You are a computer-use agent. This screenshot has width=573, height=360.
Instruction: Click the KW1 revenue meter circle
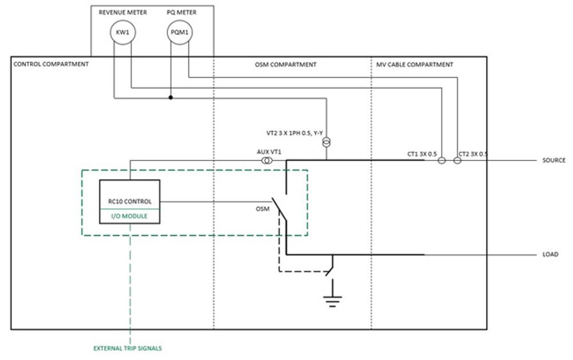click(123, 33)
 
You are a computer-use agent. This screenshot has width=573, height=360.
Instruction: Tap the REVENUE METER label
click(122, 12)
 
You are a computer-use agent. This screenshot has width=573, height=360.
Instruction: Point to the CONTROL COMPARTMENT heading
click(51, 64)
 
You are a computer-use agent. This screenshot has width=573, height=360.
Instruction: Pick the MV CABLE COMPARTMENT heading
click(414, 65)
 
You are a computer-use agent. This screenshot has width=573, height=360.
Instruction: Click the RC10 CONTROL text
click(130, 202)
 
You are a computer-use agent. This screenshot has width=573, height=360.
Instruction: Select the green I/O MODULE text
click(130, 216)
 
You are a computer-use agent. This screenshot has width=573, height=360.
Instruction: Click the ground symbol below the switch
click(331, 300)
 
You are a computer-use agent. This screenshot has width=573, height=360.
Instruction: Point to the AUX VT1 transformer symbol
click(267, 161)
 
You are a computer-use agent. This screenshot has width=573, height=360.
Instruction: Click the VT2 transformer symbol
click(327, 142)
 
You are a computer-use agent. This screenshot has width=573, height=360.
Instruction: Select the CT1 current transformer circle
click(442, 161)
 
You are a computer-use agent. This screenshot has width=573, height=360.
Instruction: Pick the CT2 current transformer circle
click(457, 161)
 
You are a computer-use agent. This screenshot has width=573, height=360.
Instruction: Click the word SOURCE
click(554, 161)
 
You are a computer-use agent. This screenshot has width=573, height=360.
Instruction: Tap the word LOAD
click(550, 255)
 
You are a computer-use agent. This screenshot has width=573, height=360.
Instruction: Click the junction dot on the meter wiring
click(170, 97)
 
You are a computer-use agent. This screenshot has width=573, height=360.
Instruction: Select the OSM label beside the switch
click(262, 209)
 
